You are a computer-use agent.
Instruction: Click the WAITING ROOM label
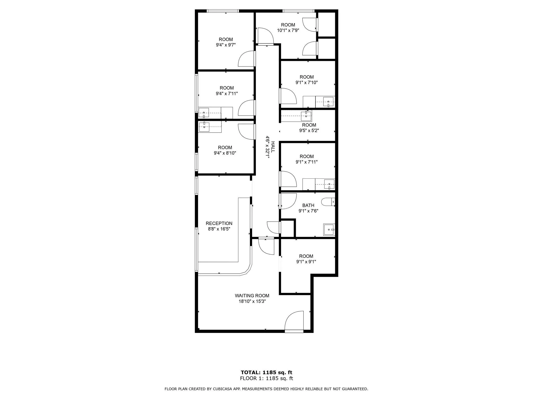(252, 296)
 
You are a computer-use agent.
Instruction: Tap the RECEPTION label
(219, 223)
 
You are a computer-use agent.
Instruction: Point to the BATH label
(308, 205)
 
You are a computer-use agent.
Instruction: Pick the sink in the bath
(329, 229)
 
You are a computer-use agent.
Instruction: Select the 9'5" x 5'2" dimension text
(309, 130)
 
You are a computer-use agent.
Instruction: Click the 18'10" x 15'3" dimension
(252, 301)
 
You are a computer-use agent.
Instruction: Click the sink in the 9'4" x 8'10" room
(204, 127)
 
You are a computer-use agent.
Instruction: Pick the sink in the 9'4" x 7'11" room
(204, 113)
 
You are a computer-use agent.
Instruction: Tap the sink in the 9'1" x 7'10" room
(328, 102)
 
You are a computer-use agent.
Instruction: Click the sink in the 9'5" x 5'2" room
(306, 116)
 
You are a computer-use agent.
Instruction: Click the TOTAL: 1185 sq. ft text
(266, 372)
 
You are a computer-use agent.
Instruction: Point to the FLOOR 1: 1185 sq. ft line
(266, 378)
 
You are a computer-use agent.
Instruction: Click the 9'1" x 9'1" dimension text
(306, 262)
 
